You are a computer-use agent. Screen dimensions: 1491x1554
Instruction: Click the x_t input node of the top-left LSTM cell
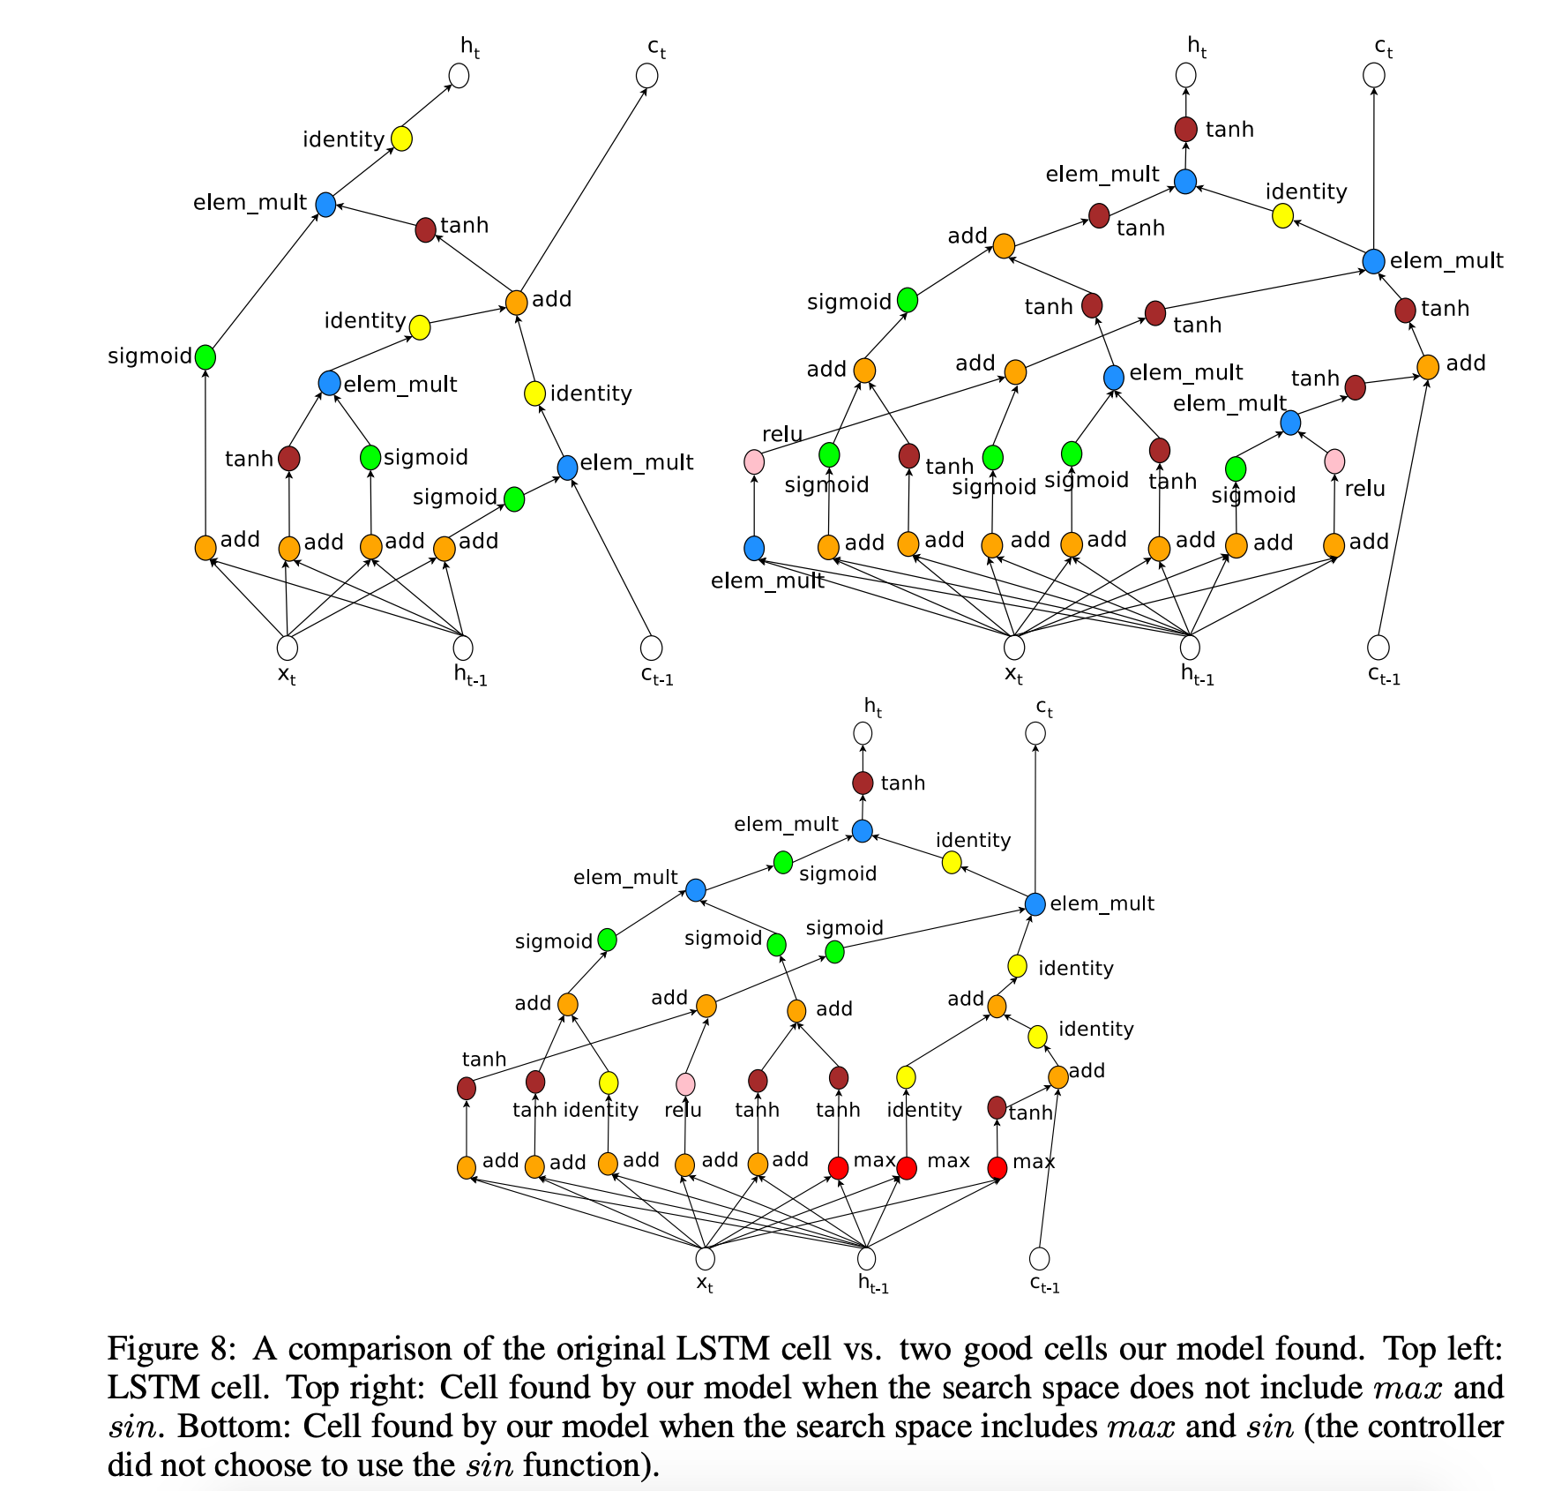[287, 648]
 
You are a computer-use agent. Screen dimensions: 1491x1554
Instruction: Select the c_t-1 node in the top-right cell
[1378, 648]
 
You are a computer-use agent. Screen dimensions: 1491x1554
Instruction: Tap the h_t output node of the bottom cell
[863, 733]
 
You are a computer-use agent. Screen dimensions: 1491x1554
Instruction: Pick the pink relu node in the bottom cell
[685, 1084]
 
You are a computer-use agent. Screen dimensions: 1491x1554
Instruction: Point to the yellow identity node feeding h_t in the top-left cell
[401, 139]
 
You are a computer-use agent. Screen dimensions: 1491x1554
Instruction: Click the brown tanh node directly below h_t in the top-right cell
[1185, 130]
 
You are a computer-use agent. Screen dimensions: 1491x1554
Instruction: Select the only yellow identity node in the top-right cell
[1282, 215]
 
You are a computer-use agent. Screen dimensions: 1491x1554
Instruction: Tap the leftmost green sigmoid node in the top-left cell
[205, 357]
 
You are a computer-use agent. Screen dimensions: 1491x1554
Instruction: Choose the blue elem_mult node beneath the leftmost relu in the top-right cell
[754, 548]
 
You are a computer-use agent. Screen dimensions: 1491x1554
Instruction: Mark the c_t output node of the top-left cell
[646, 76]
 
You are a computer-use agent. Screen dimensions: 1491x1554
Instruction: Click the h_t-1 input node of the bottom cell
[867, 1258]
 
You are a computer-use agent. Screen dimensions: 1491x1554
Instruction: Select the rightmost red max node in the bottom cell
[997, 1167]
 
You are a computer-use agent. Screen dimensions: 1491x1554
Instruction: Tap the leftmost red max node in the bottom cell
[838, 1167]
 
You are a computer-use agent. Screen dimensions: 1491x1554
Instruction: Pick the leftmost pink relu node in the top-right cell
[754, 461]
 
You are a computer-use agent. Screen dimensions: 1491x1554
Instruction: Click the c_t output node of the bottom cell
[1035, 733]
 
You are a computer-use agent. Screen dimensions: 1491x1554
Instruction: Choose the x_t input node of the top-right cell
[1014, 648]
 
